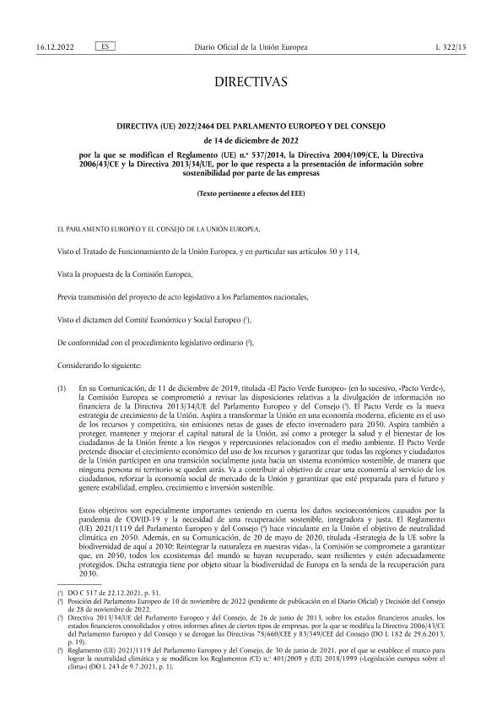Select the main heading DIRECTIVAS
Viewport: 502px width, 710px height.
pyautogui.click(x=251, y=82)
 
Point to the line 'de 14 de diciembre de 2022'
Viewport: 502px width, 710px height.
pyautogui.click(x=251, y=141)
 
